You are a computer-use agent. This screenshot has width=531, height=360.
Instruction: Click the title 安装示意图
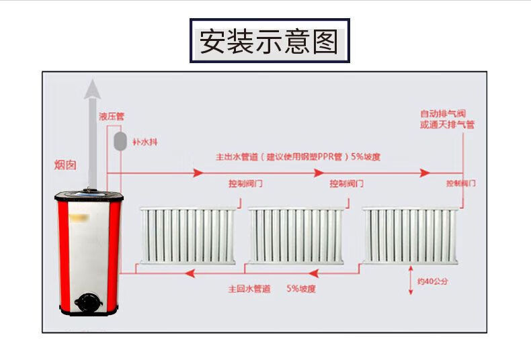(x=269, y=41)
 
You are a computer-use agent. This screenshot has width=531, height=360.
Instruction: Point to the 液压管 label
(x=112, y=116)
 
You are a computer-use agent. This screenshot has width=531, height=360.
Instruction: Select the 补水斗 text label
(x=145, y=141)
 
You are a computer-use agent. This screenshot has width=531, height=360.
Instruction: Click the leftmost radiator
(x=188, y=236)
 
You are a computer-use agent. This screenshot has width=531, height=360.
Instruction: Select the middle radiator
(x=298, y=236)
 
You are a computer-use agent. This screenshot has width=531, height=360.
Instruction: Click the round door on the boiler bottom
(x=87, y=302)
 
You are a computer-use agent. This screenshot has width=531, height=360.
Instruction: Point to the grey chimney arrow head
(x=92, y=89)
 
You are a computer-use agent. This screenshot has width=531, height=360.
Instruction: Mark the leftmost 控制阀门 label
(x=245, y=183)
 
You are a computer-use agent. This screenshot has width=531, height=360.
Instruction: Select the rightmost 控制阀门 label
(x=462, y=183)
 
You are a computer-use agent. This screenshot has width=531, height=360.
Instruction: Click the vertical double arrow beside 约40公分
(x=411, y=281)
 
